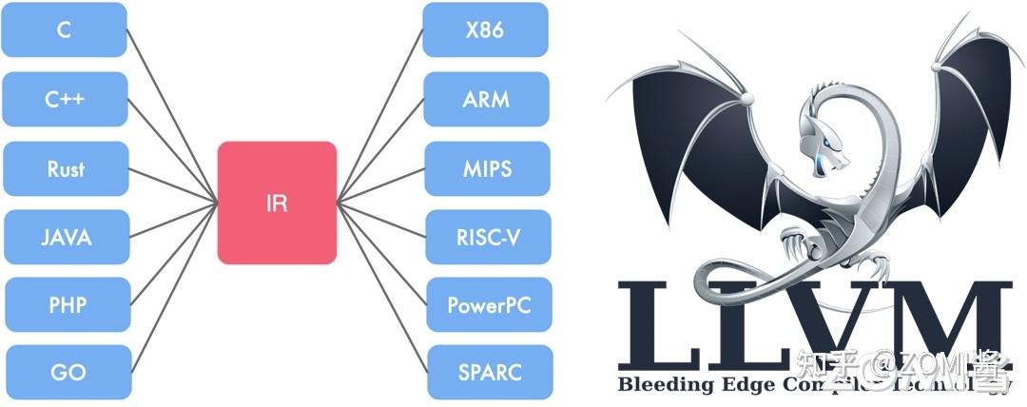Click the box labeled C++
pyautogui.click(x=65, y=99)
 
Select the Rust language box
pyautogui.click(x=66, y=168)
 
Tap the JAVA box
pyautogui.click(x=67, y=237)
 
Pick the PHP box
pyautogui.click(x=68, y=305)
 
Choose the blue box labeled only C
pyautogui.click(x=64, y=29)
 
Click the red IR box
pyautogui.click(x=277, y=203)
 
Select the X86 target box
pyautogui.click(x=485, y=29)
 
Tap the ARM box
pyautogui.click(x=486, y=99)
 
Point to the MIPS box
pyautogui.click(x=487, y=168)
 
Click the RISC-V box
pyautogui.click(x=488, y=237)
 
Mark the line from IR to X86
pyautogui.click(x=380, y=115)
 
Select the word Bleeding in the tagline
pyautogui.click(x=656, y=385)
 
